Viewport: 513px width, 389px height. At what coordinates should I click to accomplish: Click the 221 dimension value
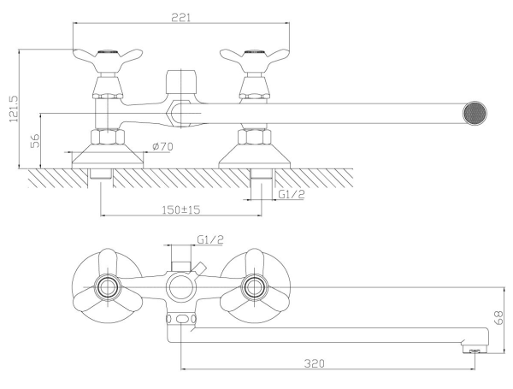[181, 17]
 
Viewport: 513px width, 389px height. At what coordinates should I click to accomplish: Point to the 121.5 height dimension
[14, 109]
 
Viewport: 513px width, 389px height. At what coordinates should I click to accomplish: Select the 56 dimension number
[35, 140]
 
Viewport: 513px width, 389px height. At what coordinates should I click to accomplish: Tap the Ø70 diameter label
[162, 146]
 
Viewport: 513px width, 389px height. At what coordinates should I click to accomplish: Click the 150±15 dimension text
[181, 209]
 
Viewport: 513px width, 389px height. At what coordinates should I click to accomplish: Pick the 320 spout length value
[314, 363]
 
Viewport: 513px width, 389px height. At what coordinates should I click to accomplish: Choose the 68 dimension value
[499, 318]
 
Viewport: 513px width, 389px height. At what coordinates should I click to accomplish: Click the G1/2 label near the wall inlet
[292, 194]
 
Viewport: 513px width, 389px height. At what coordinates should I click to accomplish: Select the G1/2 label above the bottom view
[210, 239]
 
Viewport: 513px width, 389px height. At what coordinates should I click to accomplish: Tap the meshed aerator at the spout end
[475, 114]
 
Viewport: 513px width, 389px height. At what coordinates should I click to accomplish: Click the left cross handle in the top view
[108, 60]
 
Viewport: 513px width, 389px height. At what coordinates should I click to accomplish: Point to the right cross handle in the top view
[255, 60]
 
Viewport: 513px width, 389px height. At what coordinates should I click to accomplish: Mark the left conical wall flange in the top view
[108, 156]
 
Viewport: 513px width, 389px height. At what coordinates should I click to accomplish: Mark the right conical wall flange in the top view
[254, 156]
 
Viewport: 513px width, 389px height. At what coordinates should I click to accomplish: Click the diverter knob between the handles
[181, 82]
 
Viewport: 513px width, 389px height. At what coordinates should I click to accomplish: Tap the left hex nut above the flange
[108, 137]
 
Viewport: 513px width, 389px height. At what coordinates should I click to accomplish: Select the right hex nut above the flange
[255, 137]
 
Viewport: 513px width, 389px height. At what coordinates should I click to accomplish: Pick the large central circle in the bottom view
[181, 287]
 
